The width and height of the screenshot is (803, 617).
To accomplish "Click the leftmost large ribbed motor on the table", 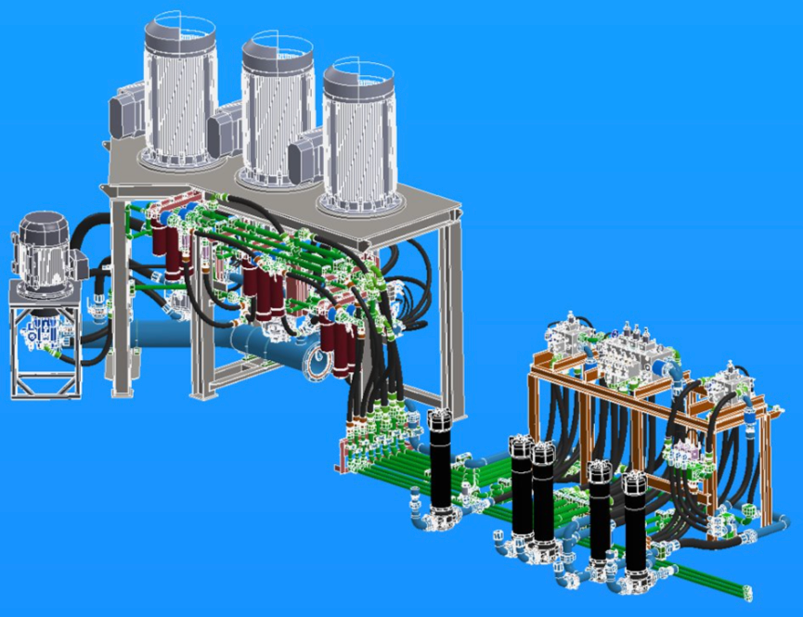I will point(178,93).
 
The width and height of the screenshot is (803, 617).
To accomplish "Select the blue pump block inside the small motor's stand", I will point(41,334).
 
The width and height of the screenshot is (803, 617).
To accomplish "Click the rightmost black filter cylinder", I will point(635,520).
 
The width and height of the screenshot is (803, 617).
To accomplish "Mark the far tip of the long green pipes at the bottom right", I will point(747,590).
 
